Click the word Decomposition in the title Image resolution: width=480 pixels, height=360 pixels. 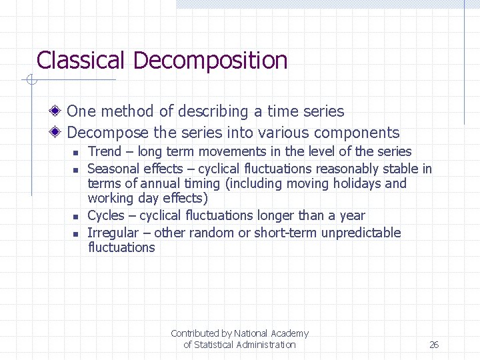[211, 61]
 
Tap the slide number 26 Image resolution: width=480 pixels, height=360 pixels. [434, 345]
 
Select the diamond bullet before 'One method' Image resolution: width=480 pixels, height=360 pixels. [59, 111]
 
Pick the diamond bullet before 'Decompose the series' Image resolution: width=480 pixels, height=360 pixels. [59, 132]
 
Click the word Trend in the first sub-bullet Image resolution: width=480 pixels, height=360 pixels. [105, 152]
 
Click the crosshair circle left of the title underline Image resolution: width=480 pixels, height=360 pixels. [30, 81]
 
